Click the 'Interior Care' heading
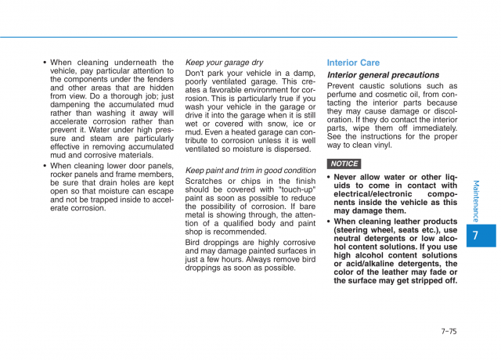coord(353,63)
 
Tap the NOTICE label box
coord(344,164)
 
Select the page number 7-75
coord(449,331)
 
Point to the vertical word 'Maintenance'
coord(476,201)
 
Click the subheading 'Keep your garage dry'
coord(224,63)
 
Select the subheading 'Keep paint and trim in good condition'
coord(250,170)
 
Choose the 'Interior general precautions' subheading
coord(383,75)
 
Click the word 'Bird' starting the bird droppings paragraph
coord(194,243)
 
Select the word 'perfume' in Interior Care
coord(344,95)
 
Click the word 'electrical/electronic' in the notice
coord(373,193)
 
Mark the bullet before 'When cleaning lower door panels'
coord(45,166)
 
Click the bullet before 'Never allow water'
coord(329,178)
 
